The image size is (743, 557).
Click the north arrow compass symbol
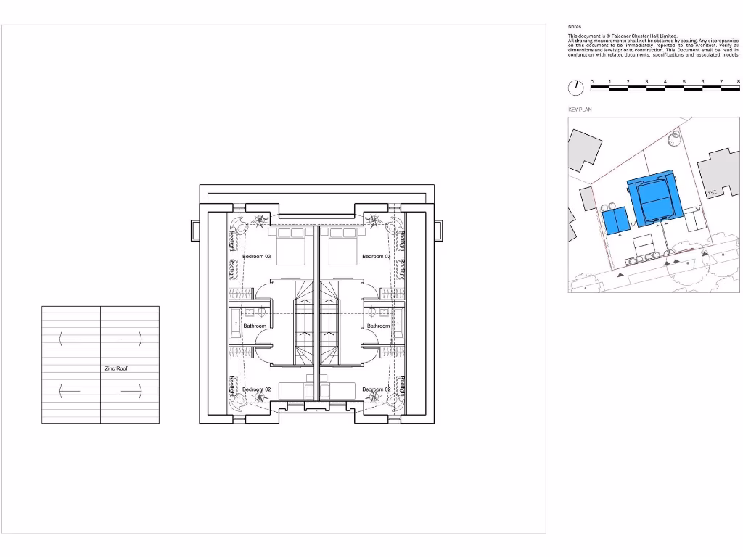(x=575, y=88)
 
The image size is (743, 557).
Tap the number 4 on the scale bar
(x=665, y=81)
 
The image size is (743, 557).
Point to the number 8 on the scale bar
(x=738, y=81)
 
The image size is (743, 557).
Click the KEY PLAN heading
(x=580, y=110)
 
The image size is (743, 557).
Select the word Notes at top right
(x=574, y=27)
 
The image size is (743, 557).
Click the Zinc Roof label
(x=116, y=368)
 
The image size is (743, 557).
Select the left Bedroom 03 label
(x=257, y=257)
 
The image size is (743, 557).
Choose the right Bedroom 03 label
(x=376, y=257)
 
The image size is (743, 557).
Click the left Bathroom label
(x=255, y=326)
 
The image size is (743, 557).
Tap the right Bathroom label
(x=378, y=326)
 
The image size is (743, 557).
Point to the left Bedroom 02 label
(x=256, y=390)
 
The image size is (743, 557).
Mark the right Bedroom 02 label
(x=376, y=390)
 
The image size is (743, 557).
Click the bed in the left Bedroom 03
(x=291, y=248)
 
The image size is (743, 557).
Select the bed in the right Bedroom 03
(x=343, y=248)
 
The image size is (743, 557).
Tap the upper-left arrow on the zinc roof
(x=69, y=337)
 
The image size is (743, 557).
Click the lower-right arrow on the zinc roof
(x=131, y=391)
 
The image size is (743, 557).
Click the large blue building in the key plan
(x=654, y=197)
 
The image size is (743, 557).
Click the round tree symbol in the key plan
(x=674, y=134)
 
